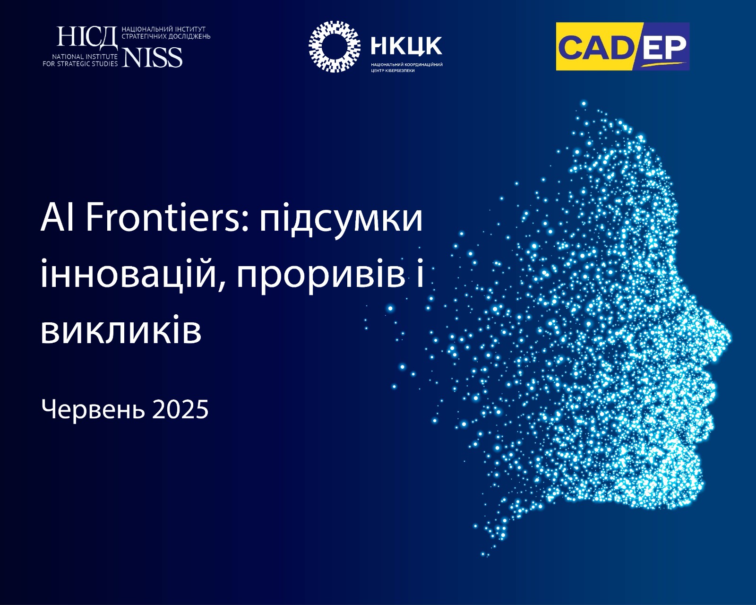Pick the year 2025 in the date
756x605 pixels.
[180, 409]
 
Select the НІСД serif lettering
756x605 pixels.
[87, 37]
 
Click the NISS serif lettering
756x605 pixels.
[152, 57]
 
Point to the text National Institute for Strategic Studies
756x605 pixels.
[80, 60]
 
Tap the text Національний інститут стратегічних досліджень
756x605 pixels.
[166, 33]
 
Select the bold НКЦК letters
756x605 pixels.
[406, 46]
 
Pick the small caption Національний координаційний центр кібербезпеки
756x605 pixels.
[406, 68]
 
